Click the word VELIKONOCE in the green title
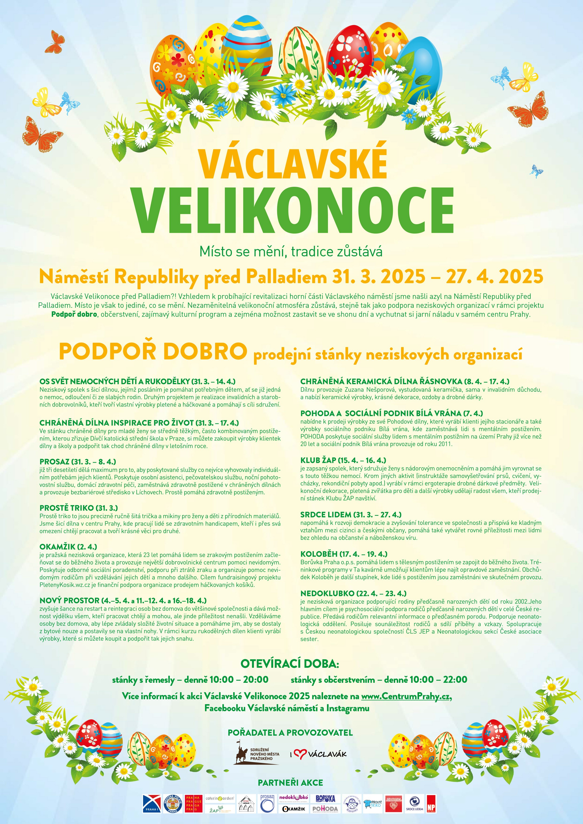tap(293, 210)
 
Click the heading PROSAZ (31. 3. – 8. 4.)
tap(78, 461)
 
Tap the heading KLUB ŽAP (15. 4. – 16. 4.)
tap(343, 460)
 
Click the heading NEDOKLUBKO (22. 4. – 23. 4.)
tap(353, 593)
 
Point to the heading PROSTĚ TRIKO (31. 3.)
tap(79, 508)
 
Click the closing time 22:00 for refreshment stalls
tap(454, 679)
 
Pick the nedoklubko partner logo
tap(294, 797)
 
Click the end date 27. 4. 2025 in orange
tap(494, 276)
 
